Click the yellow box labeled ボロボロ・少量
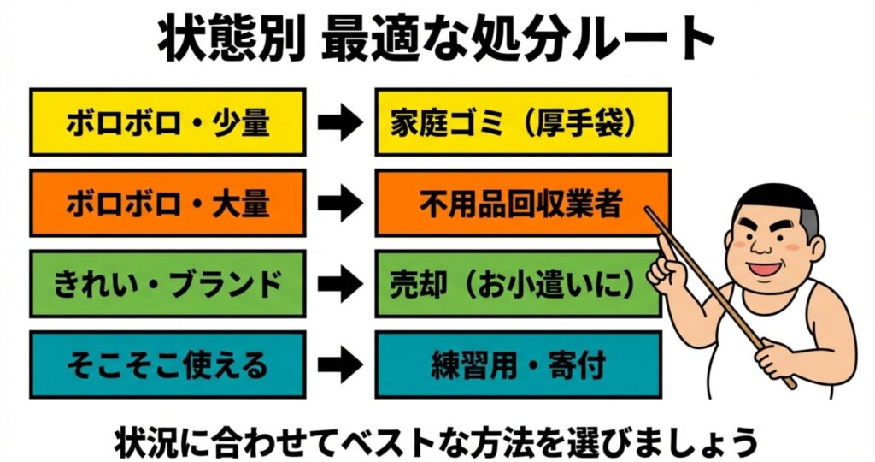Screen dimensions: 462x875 [x=167, y=122]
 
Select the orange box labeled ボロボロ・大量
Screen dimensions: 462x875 [x=167, y=203]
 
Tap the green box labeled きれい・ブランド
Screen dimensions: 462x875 [x=167, y=283]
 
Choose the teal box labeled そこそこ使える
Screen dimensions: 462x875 [x=167, y=364]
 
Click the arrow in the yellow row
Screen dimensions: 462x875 [x=340, y=123]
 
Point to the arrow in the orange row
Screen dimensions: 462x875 [x=340, y=204]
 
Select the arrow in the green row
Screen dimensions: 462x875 [x=340, y=284]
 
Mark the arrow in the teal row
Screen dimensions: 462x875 [x=340, y=365]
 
